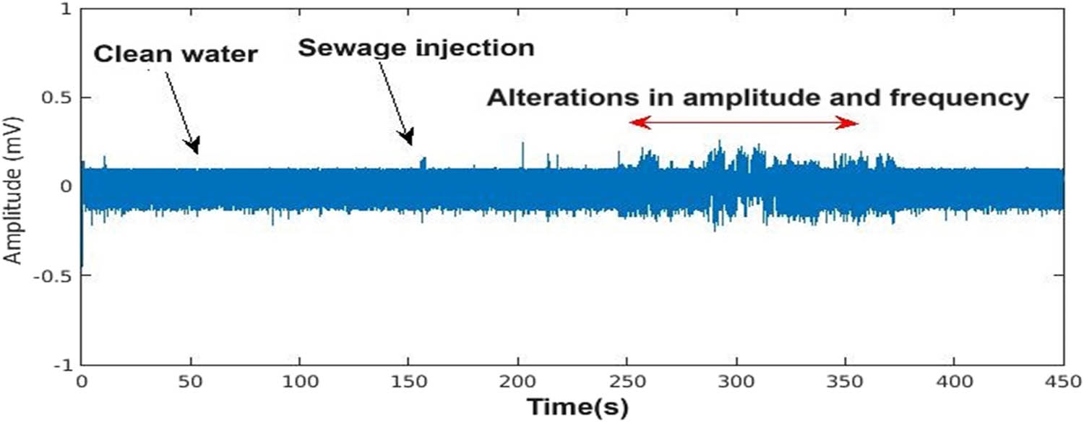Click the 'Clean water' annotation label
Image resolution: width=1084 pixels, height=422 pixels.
pyautogui.click(x=175, y=53)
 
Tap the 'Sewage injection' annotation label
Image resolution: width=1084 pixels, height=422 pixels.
pyautogui.click(x=416, y=48)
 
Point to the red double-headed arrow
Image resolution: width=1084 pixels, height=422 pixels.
pyautogui.click(x=744, y=124)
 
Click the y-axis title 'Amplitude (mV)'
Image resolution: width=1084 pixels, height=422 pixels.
pyautogui.click(x=13, y=189)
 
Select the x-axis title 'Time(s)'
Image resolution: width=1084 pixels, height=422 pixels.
pyautogui.click(x=577, y=406)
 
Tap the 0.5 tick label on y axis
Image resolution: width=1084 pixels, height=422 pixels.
pyautogui.click(x=59, y=98)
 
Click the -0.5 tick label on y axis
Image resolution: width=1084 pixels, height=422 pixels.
pyautogui.click(x=56, y=276)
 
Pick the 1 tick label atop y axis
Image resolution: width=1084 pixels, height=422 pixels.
pyautogui.click(x=68, y=9)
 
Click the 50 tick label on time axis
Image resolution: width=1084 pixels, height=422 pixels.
pyautogui.click(x=191, y=381)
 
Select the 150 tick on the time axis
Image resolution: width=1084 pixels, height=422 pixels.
pyautogui.click(x=409, y=381)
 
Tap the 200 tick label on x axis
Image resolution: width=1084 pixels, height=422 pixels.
pyautogui.click(x=518, y=381)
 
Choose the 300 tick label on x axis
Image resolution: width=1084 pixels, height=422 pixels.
pyautogui.click(x=736, y=381)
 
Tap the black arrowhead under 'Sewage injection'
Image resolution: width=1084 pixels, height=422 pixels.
pyautogui.click(x=408, y=137)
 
